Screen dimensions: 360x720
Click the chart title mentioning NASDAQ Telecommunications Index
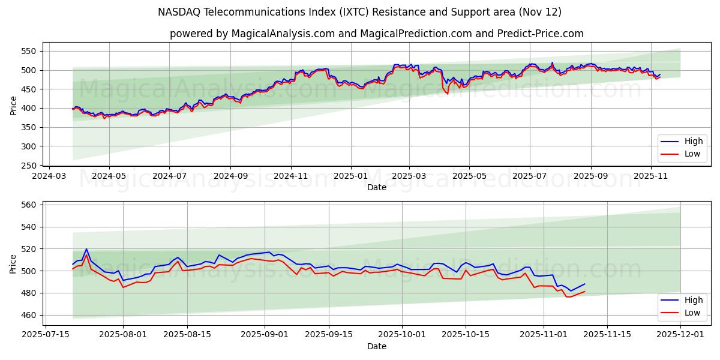[x=359, y=12]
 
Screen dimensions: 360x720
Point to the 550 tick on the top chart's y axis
[x=30, y=52]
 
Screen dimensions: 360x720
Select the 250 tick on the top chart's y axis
[x=30, y=166]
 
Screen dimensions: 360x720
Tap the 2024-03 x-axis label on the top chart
[x=49, y=176]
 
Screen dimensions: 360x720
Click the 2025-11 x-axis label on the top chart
[x=651, y=176]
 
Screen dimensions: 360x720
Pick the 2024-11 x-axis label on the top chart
[x=291, y=176]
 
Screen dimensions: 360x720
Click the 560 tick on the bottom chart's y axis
[x=30, y=205]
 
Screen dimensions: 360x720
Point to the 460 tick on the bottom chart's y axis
[x=30, y=315]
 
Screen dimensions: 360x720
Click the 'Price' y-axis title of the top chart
[x=13, y=105]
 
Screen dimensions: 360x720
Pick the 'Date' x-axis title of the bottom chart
[x=377, y=346]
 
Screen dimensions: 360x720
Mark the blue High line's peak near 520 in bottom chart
[x=86, y=249]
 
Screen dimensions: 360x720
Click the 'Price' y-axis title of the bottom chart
[x=13, y=264]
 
